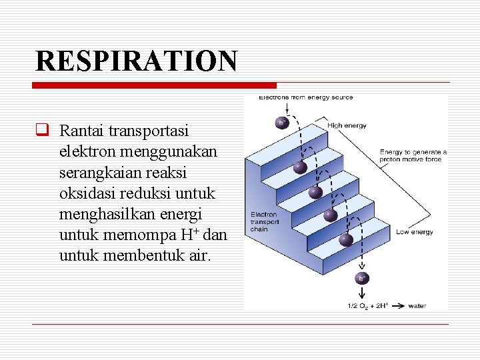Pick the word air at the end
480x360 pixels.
coord(196,256)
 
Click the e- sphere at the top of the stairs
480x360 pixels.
coord(283,123)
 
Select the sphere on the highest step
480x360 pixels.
coord(300,167)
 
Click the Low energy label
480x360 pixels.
coord(415,232)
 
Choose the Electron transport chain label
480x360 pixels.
coord(265,221)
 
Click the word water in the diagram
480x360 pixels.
coord(417,306)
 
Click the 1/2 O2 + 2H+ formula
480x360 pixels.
coord(366,306)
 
